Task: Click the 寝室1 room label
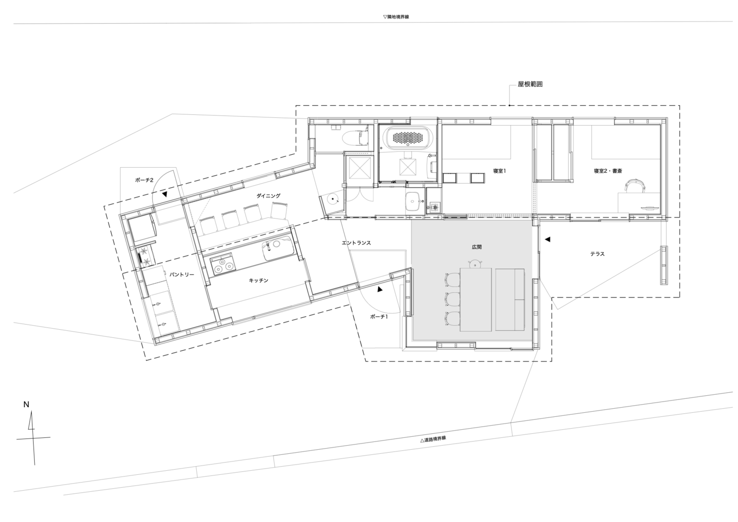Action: tap(499, 171)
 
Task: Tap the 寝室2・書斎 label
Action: tap(608, 171)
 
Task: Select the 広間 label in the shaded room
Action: tap(477, 247)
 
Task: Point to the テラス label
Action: tap(598, 254)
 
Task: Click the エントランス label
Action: tap(356, 243)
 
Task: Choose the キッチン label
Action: tap(258, 280)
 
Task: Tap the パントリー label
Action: tap(182, 274)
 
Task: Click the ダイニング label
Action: tap(269, 196)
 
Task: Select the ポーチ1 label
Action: tap(379, 316)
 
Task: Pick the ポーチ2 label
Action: tap(145, 180)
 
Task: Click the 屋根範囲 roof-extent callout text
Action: tap(530, 85)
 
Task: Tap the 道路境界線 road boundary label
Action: tap(433, 439)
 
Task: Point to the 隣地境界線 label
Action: tap(396, 17)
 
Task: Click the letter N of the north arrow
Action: tap(26, 405)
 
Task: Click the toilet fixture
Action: tap(355, 138)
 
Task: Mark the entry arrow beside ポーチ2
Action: tap(165, 195)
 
